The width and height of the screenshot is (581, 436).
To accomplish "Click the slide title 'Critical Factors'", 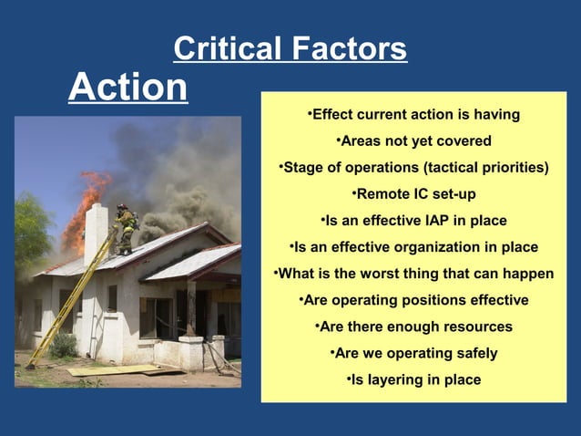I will point(290,48).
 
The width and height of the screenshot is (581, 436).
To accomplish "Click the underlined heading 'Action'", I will point(128,88).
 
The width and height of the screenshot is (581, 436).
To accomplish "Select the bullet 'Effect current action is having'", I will point(413,115).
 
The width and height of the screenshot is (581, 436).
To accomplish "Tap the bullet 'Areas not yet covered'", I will point(413,141).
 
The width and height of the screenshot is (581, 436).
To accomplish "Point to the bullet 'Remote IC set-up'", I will point(413,194).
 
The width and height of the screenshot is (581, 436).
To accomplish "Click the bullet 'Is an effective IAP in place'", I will point(413,221).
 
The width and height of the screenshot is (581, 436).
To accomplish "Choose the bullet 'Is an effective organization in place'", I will point(413,247).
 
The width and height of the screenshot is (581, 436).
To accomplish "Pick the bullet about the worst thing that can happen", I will point(413,274).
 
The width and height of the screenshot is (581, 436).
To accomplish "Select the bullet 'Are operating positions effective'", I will point(413,300).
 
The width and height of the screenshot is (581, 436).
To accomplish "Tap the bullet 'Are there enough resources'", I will point(413,327).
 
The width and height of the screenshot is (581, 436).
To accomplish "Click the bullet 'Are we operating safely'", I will point(413,353).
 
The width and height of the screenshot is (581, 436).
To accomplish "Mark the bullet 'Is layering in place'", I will point(413,379).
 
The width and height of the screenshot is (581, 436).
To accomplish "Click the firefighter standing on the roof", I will point(125,229).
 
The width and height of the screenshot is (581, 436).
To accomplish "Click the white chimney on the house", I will point(96,234).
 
